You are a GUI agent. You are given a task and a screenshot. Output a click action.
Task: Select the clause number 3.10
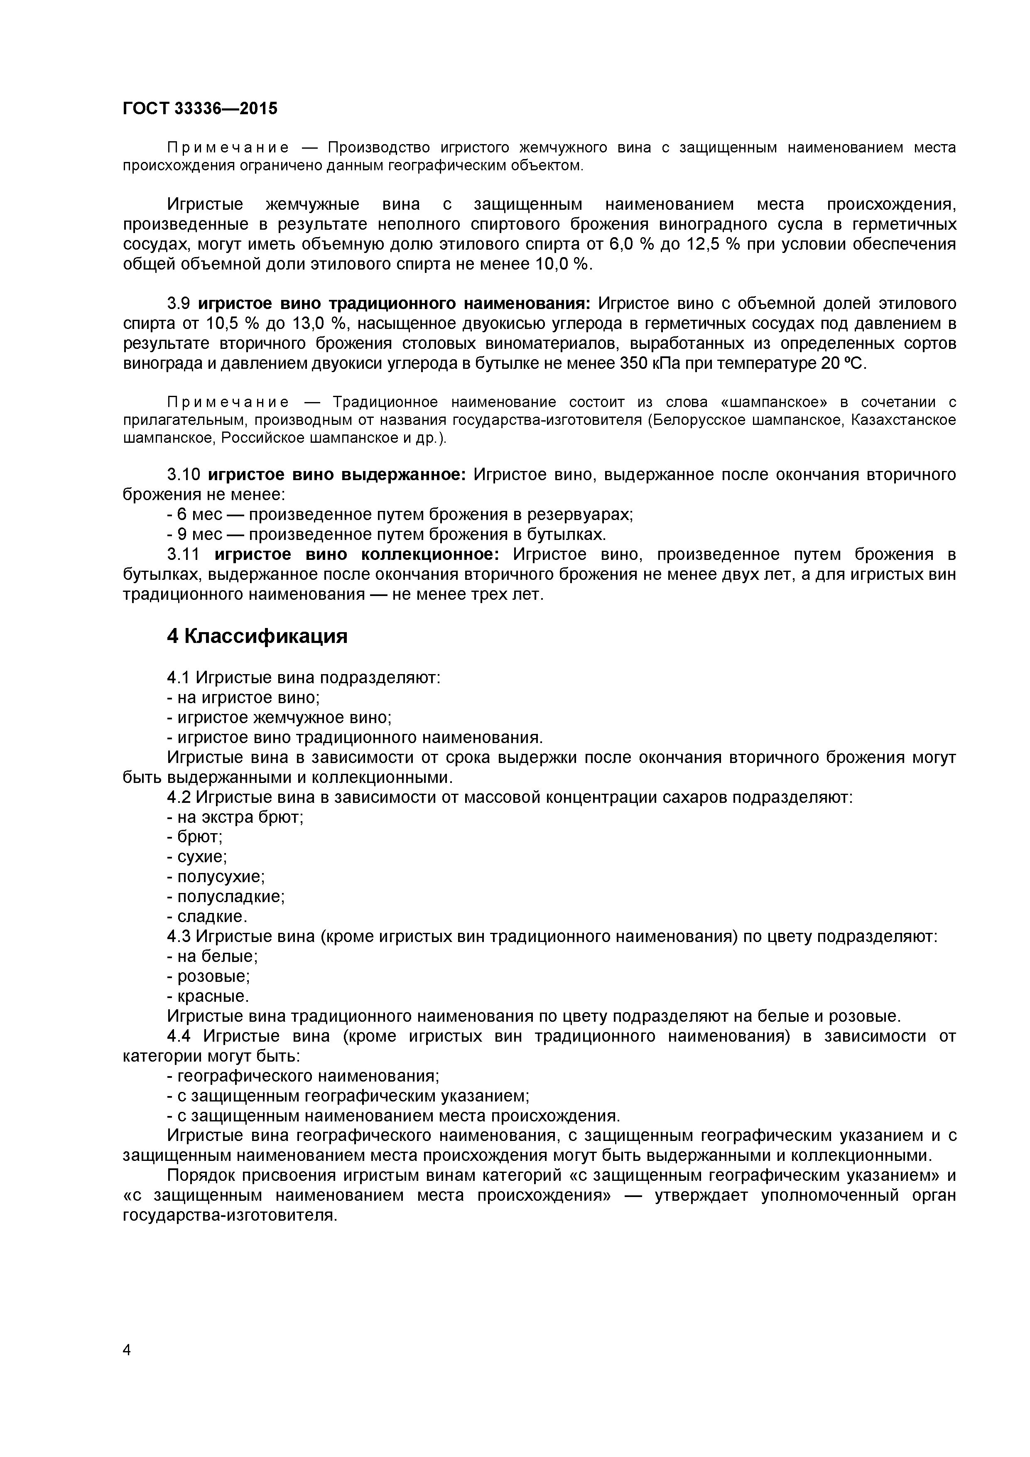[x=184, y=475]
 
